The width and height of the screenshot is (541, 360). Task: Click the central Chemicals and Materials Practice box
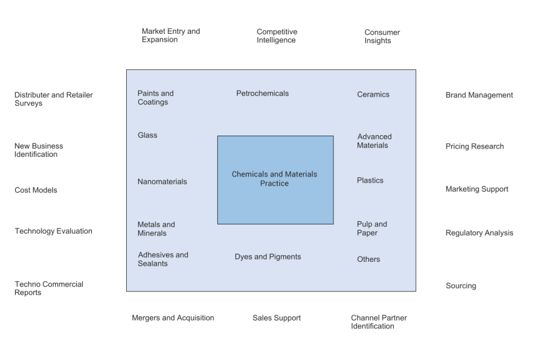tap(275, 179)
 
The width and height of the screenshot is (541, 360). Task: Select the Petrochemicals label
tap(263, 93)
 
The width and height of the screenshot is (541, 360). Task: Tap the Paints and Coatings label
tap(155, 98)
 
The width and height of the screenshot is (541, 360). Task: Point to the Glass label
tap(147, 135)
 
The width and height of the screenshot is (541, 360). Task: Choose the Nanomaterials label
tap(162, 182)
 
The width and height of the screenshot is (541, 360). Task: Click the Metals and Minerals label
tap(156, 229)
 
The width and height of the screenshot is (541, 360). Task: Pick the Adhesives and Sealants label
tap(163, 259)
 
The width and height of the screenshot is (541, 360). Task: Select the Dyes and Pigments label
tap(268, 257)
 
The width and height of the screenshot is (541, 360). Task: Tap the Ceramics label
tap(373, 94)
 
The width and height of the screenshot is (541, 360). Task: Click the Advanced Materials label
tap(374, 141)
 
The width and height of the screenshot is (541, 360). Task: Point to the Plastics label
tap(370, 181)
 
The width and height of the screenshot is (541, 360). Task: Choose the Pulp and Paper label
tap(372, 229)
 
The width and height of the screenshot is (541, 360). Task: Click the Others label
tap(368, 259)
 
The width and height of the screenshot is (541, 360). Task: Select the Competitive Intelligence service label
tap(276, 36)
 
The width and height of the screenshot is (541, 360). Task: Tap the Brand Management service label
tap(479, 96)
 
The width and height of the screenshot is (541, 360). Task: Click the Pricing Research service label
tap(474, 146)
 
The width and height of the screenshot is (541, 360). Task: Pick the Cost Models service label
tap(36, 190)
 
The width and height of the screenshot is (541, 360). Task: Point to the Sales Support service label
tap(276, 318)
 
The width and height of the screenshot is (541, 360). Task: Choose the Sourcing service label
tap(460, 286)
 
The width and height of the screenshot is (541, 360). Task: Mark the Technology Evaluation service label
tap(53, 231)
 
